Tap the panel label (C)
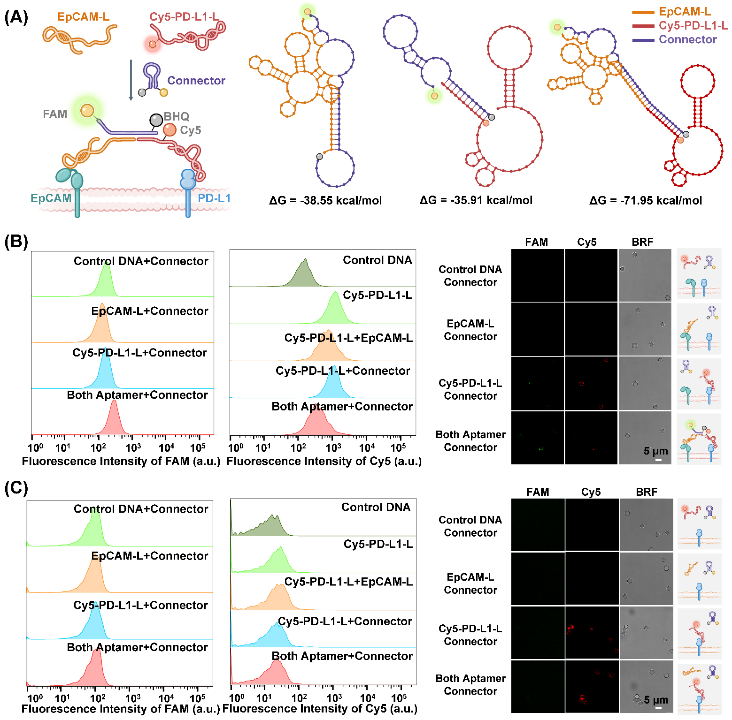16,488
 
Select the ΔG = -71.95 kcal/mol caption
646,201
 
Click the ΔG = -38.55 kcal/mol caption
325,201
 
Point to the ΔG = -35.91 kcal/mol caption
476,200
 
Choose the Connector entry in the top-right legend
687,39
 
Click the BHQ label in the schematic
177,116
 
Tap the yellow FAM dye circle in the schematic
87,111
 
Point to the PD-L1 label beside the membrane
214,198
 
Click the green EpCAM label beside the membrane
51,198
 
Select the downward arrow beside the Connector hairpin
131,80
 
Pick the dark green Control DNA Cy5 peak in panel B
304,274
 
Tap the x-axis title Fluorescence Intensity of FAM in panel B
121,462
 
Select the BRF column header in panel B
642,242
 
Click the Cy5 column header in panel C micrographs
591,492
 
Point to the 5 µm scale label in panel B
655,451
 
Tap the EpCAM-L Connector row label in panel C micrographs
470,584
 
